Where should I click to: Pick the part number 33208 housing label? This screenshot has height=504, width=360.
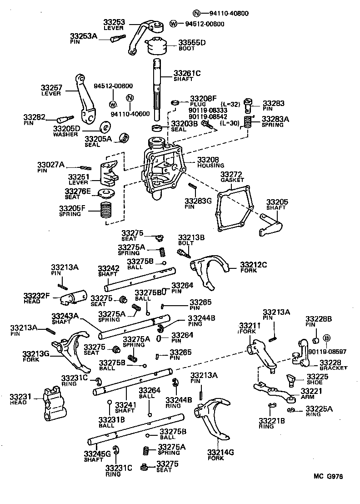(208, 160)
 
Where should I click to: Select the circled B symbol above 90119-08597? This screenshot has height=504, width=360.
(326, 338)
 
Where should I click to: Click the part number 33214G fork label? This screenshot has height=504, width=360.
(220, 452)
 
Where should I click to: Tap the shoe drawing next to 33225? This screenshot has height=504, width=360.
(290, 378)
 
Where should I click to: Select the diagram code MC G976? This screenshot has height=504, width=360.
(327, 477)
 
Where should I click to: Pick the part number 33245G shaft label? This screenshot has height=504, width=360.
(97, 454)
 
